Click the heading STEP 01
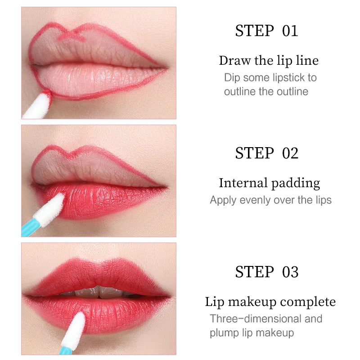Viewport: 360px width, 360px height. (x=266, y=31)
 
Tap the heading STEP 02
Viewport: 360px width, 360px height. (x=266, y=153)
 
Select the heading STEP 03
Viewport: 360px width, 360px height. (x=266, y=272)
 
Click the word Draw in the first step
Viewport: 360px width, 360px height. (x=235, y=61)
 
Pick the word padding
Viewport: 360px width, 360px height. (x=296, y=184)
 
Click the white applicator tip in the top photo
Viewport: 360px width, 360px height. (x=38, y=104)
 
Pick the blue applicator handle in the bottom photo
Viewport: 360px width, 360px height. (x=66, y=351)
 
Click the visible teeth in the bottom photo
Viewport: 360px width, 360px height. (x=99, y=292)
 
